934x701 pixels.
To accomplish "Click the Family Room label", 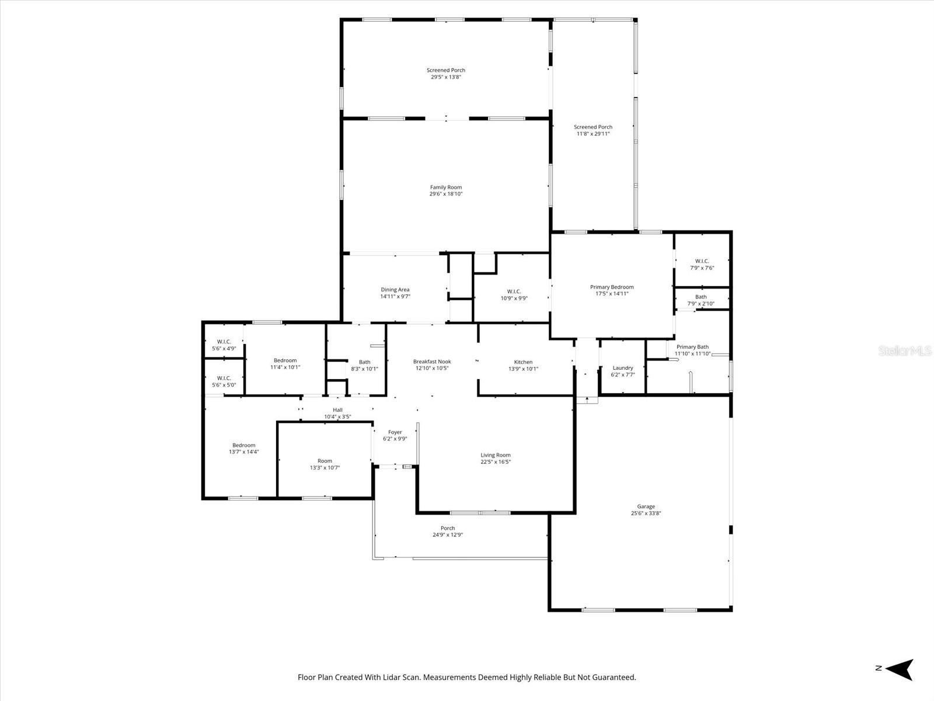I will tap(446, 188).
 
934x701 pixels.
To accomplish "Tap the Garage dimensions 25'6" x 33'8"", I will tap(646, 513).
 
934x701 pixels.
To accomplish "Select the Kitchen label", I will tap(523, 362).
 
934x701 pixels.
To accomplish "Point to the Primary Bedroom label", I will tap(611, 287).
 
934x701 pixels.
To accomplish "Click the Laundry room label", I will tap(623, 368).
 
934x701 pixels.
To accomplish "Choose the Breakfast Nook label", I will tap(432, 362).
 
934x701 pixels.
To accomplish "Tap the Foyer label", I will tap(395, 432).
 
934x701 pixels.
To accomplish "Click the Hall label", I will tap(337, 410).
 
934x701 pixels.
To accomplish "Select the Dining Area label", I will tap(395, 290).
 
